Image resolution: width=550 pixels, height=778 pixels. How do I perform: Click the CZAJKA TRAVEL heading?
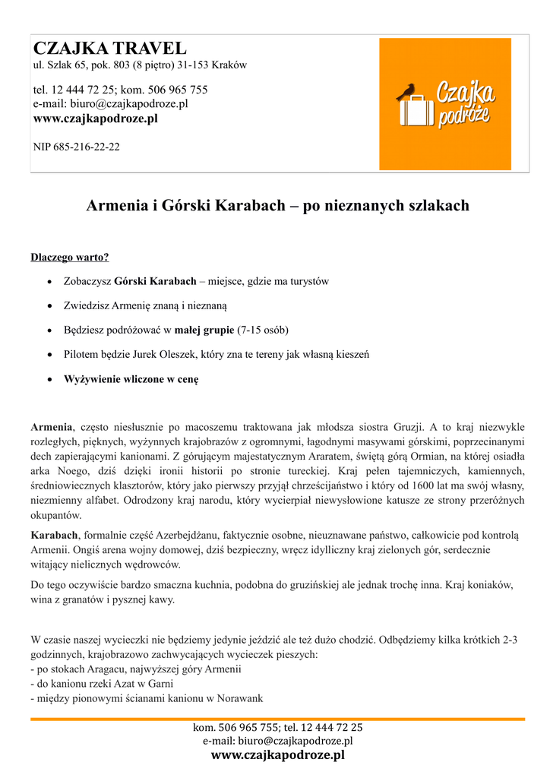(110, 49)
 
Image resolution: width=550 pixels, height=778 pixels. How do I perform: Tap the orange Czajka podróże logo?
(445, 104)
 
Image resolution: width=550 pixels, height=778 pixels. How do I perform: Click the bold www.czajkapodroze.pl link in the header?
(96, 119)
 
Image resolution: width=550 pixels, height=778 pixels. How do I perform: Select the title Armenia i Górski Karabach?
(277, 205)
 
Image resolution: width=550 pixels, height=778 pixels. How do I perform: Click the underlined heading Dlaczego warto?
(70, 257)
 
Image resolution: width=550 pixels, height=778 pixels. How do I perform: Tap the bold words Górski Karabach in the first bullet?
(155, 281)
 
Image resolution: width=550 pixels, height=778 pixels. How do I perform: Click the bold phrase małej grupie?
(204, 330)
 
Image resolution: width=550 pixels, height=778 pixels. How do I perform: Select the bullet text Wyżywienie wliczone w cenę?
(131, 378)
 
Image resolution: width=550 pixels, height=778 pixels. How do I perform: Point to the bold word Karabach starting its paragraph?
(54, 536)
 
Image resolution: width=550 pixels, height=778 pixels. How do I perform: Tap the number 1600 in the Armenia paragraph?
(428, 485)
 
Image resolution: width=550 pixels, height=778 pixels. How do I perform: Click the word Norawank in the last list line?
(240, 698)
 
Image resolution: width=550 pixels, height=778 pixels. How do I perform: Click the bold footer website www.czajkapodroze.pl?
(277, 755)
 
